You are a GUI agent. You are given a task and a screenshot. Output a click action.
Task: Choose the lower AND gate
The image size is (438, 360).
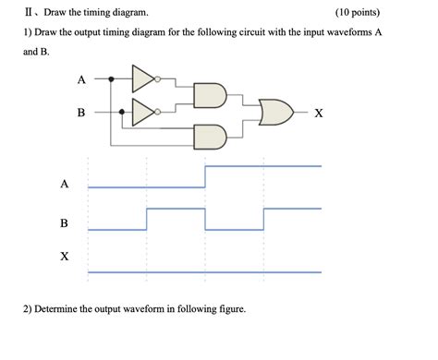(x=210, y=136)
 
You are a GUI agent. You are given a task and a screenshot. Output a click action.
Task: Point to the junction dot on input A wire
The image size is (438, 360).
(x=113, y=79)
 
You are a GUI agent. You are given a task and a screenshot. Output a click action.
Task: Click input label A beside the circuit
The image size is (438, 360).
(x=81, y=79)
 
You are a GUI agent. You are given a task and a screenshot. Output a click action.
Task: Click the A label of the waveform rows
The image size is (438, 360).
(x=64, y=183)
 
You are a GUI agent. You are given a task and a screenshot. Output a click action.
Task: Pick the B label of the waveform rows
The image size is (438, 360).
(x=64, y=222)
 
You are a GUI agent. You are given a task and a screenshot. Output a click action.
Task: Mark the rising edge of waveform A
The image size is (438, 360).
(x=205, y=176)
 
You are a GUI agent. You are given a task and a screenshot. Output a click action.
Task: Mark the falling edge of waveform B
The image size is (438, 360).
(x=205, y=219)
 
